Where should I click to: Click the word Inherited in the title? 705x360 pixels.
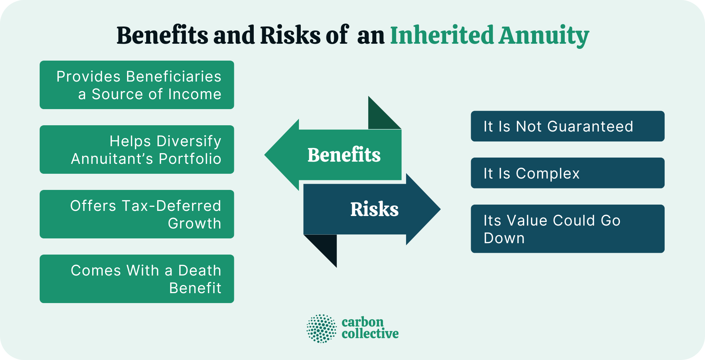point(442,36)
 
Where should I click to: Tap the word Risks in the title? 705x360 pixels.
point(290,36)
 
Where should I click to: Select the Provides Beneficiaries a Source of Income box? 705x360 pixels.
point(137,85)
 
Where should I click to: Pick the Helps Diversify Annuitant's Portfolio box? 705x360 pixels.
point(137,150)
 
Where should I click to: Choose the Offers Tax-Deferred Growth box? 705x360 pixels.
point(137,214)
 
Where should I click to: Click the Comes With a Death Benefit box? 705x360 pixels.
point(137,279)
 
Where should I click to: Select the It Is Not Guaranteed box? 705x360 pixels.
point(567,126)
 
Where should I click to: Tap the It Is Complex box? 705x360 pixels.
point(567,173)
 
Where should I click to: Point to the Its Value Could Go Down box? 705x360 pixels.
point(567,229)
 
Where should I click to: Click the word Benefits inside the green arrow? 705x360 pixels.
point(344,155)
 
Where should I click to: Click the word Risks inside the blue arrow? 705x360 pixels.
point(374,209)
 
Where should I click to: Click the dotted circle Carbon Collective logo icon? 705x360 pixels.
point(322,328)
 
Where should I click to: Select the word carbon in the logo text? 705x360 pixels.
point(362,322)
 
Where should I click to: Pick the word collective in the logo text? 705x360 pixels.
point(370,334)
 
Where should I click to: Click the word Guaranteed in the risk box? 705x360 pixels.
point(592,126)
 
